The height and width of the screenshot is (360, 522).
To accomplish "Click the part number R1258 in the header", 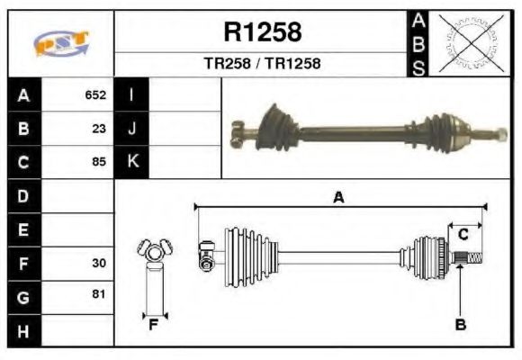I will click(x=262, y=32).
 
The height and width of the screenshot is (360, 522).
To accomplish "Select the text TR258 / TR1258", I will click(x=262, y=64).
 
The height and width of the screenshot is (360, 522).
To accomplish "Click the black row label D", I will click(x=23, y=195).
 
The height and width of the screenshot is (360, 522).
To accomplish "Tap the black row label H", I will click(x=23, y=330).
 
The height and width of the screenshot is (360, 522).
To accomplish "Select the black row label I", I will click(x=132, y=94).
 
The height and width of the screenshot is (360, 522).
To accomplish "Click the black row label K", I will click(x=132, y=162).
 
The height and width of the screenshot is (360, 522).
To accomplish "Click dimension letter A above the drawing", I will click(x=338, y=197).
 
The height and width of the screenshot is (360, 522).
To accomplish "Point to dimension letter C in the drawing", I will click(x=463, y=235).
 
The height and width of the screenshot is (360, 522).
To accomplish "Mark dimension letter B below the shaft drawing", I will click(x=460, y=325).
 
